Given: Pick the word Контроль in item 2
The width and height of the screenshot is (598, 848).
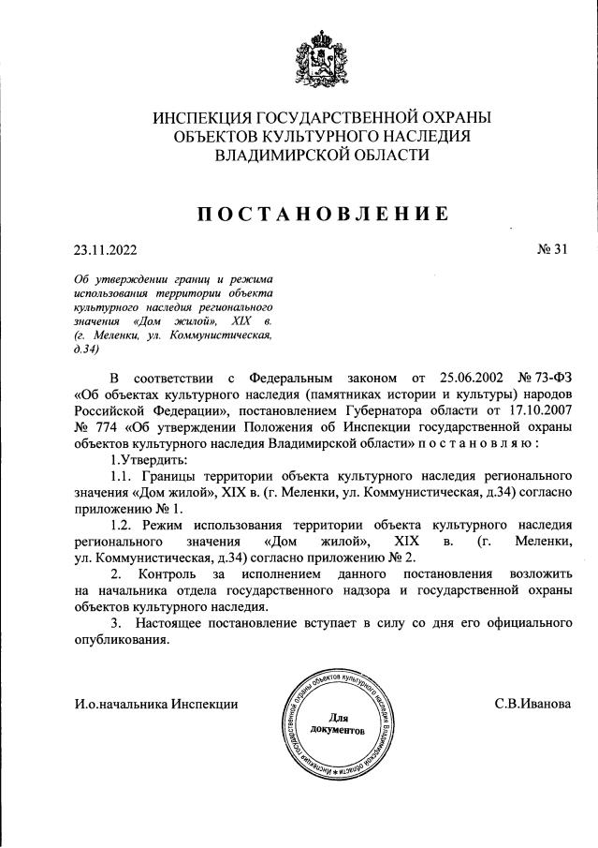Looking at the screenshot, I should (170, 574).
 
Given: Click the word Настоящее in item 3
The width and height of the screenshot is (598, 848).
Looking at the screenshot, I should (174, 623).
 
